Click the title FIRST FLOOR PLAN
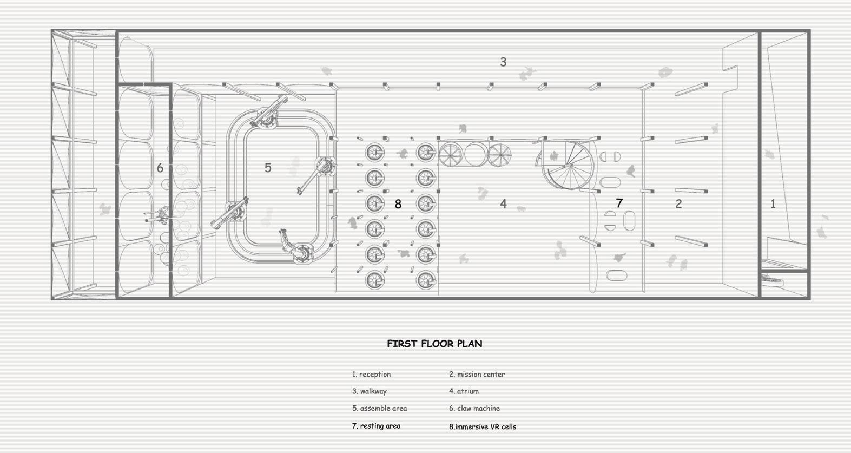[434, 344]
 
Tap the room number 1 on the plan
[773, 204]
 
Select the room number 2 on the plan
[678, 204]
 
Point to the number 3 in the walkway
[503, 62]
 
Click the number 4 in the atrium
[503, 204]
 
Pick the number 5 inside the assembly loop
[268, 168]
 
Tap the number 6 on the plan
[160, 168]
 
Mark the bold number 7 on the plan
[619, 203]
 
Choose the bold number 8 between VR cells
[398, 204]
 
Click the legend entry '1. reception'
[371, 374]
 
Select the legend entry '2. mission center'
[477, 374]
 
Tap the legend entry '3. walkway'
[370, 391]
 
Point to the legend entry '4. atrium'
[464, 391]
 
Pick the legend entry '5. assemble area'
[379, 409]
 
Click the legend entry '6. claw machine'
[474, 409]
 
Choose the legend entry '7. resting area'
[376, 426]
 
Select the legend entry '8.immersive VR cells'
[483, 426]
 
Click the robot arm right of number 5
[319, 170]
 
